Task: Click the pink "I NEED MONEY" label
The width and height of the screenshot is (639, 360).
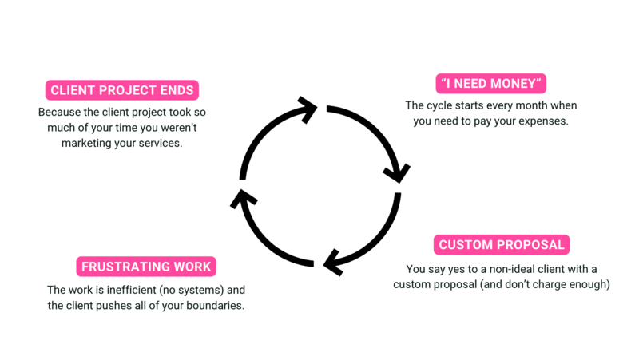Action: coord(491,84)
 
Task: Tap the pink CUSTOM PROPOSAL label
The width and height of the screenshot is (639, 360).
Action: coord(502,245)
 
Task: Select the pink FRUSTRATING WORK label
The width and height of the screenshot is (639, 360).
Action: coord(147,266)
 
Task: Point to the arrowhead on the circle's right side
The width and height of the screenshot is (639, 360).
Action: coord(397,172)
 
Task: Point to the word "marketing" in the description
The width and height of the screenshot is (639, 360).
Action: coord(87,143)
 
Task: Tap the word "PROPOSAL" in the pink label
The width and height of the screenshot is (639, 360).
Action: coord(533,245)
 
